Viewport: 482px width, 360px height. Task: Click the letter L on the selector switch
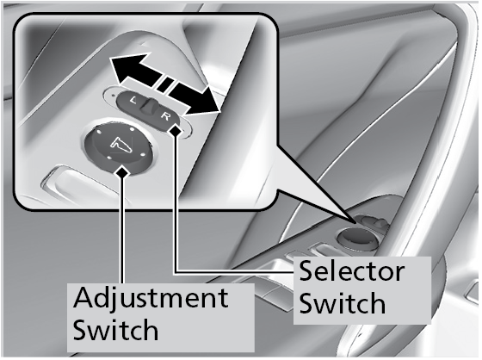click(x=133, y=100)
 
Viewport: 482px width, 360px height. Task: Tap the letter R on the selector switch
click(x=165, y=116)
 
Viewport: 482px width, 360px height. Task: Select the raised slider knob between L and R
click(x=150, y=105)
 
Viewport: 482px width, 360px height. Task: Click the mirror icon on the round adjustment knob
click(x=120, y=145)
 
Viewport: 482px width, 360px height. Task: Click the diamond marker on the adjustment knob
click(x=122, y=171)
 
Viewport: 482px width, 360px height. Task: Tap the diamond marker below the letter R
click(x=176, y=130)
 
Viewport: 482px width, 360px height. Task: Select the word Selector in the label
click(x=352, y=271)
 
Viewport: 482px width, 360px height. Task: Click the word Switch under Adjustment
click(x=115, y=329)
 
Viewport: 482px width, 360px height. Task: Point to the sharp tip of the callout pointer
click(x=356, y=222)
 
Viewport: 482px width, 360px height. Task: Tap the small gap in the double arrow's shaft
click(x=165, y=84)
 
